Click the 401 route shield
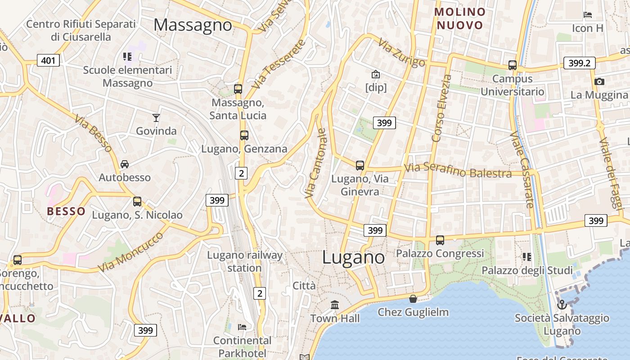(48, 60)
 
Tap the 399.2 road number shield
(579, 63)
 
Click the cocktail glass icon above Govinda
(156, 118)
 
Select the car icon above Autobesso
(125, 164)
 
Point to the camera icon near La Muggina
(599, 81)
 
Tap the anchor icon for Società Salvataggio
(562, 305)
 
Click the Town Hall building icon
(335, 305)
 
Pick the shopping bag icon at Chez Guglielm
(413, 298)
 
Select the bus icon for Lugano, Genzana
(244, 135)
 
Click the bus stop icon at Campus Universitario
(512, 65)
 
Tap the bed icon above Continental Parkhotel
(242, 327)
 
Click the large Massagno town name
(193, 25)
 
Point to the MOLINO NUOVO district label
(460, 18)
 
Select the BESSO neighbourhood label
(66, 211)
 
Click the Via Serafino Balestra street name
(458, 171)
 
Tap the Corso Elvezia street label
(441, 108)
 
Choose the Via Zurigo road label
(401, 53)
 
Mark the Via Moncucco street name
(130, 252)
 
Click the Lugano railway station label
(244, 261)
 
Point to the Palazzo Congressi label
(440, 253)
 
